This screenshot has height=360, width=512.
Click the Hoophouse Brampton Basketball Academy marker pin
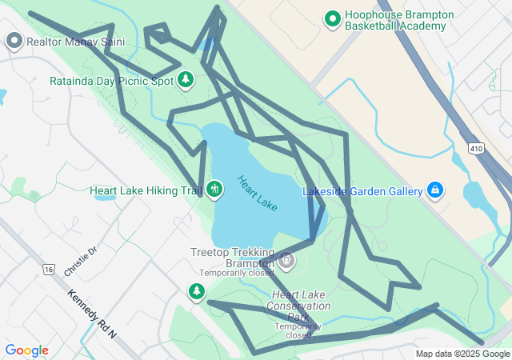coord(333,18)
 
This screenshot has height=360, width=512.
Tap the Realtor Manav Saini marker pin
coord(14,41)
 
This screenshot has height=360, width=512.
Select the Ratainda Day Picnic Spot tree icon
coord(186,79)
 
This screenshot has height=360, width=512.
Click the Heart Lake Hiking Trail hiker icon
coord(214,190)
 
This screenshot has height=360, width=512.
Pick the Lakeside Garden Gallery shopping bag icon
coord(435,190)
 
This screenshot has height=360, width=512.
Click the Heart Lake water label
coord(258,194)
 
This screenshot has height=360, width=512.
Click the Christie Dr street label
coord(80,262)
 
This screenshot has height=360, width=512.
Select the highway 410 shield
coord(476,148)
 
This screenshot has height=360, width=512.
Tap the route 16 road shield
coord(49,270)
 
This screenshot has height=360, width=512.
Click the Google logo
coord(26,350)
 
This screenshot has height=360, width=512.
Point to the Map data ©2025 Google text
coord(462,354)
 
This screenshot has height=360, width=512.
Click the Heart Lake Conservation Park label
coord(298,306)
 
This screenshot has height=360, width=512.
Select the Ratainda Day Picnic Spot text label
coord(111,81)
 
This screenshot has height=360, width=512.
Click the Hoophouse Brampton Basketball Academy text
coord(398,20)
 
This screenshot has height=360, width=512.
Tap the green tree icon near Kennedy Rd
coord(197,291)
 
